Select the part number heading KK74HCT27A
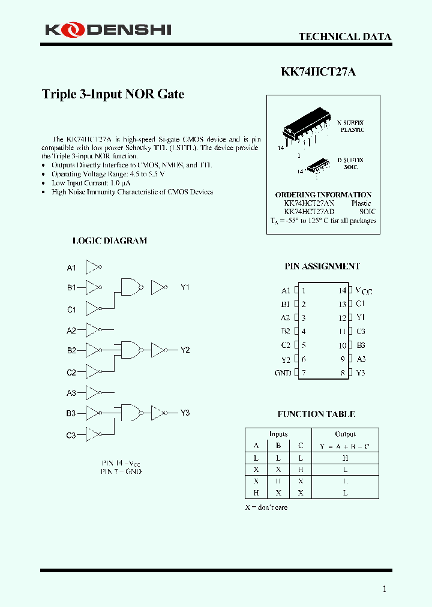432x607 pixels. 318,71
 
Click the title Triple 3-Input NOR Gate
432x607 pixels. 113,94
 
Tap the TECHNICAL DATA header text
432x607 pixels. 345,37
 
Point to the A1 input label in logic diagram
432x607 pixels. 71,268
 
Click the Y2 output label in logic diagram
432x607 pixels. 185,350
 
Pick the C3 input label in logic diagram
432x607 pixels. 71,435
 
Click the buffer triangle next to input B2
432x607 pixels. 93,350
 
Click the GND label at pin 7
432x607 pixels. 283,373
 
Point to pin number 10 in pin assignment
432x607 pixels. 342,345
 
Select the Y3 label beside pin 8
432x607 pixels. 361,373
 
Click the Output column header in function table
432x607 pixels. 345,434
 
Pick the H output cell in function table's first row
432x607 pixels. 345,458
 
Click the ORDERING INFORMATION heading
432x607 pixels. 323,195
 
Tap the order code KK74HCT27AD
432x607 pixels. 309,212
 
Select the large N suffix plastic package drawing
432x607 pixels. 306,127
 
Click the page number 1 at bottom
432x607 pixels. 385,589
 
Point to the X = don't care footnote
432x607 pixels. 266,507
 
